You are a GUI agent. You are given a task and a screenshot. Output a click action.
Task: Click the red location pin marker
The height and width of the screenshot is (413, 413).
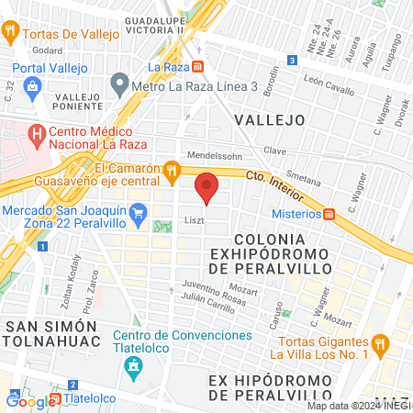coord(207,188)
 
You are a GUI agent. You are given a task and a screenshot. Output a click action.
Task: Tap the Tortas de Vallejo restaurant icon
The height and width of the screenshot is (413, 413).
coord(11,30)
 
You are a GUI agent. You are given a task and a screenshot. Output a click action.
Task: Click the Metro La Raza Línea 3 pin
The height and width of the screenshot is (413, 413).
coord(118,85)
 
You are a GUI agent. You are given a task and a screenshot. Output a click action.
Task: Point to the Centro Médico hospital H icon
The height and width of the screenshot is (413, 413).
coord(36,137)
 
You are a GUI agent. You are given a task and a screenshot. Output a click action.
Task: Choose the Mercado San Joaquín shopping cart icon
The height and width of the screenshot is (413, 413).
coord(139,217)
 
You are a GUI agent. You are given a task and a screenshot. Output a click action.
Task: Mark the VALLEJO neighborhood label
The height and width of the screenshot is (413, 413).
coord(269,119)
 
